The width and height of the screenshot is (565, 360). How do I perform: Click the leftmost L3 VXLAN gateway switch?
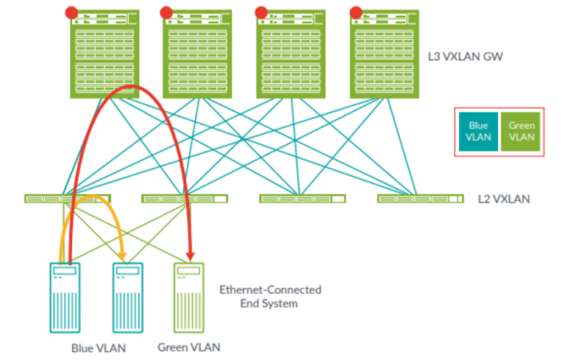click(104, 54)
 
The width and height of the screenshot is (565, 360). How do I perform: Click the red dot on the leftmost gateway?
click(71, 12)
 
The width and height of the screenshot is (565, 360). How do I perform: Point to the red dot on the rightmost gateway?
click(355, 12)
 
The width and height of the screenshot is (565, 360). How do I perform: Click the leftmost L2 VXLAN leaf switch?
click(67, 198)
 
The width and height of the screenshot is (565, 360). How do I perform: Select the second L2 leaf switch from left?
click(184, 198)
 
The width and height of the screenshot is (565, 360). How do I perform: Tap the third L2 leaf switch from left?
click(302, 198)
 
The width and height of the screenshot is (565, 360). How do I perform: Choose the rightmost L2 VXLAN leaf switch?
click(420, 198)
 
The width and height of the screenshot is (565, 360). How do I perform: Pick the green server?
click(189, 299)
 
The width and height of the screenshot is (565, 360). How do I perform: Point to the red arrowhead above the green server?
click(191, 256)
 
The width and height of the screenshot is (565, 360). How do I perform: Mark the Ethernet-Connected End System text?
click(270, 296)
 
